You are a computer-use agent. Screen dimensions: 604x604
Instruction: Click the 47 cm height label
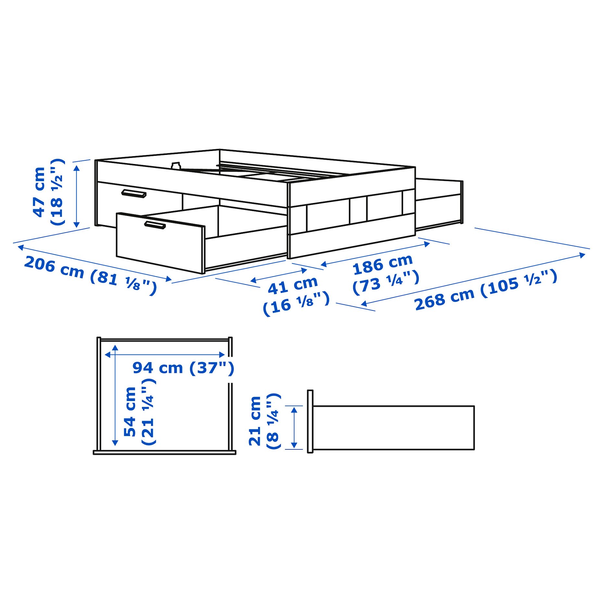pos(39,192)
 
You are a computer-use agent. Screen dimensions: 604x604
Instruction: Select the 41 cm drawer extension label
pos(293,285)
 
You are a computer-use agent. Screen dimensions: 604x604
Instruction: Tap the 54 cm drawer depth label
pos(130,411)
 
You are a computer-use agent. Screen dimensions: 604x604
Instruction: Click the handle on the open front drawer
pos(155,225)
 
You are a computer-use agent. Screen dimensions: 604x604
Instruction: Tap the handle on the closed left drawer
pos(134,194)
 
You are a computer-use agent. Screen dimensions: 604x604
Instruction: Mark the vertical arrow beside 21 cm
pos(294,428)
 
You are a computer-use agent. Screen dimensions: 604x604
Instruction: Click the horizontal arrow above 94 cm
pos(165,355)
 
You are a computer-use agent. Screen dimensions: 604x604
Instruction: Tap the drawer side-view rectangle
pos(393,427)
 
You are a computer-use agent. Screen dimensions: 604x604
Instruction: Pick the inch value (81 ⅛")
pos(123,282)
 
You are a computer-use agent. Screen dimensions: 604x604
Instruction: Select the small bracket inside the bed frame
pos(176,166)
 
